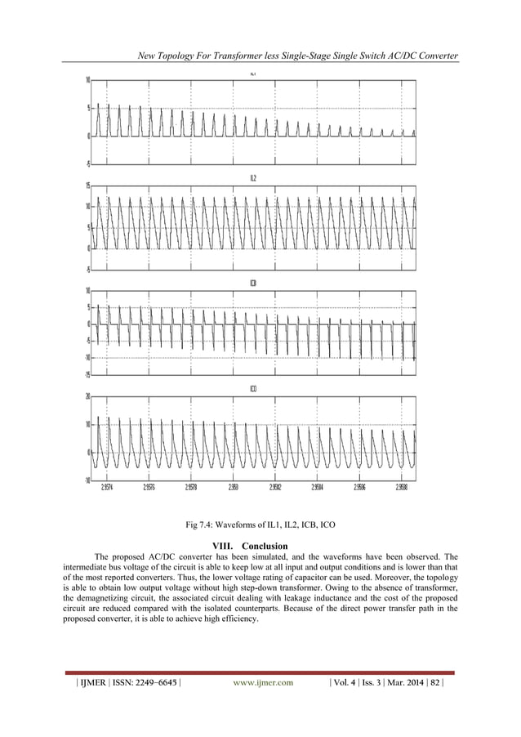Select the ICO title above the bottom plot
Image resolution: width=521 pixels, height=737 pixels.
(253, 389)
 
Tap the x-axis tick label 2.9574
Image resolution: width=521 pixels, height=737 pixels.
(107, 486)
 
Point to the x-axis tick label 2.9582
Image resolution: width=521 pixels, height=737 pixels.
(275, 486)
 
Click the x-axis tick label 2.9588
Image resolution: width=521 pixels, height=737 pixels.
(402, 486)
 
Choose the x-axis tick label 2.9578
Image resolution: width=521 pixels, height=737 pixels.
(191, 486)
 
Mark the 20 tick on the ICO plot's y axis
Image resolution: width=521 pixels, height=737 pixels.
(87, 396)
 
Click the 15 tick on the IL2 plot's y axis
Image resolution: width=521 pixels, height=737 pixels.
(87, 185)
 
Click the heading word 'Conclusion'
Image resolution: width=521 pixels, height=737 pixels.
(265, 545)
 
